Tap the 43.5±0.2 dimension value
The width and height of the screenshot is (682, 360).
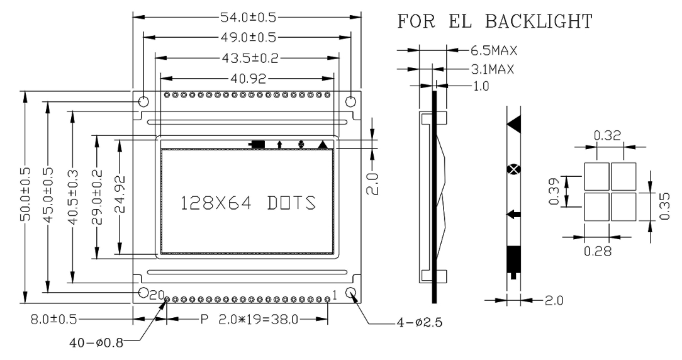(246, 59)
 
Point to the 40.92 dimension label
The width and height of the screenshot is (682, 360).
(246, 79)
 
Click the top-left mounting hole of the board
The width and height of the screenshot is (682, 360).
(143, 101)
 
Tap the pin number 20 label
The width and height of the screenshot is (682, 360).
(157, 294)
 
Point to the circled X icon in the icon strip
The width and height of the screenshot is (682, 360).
(515, 169)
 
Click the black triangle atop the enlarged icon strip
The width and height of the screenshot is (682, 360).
(515, 123)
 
